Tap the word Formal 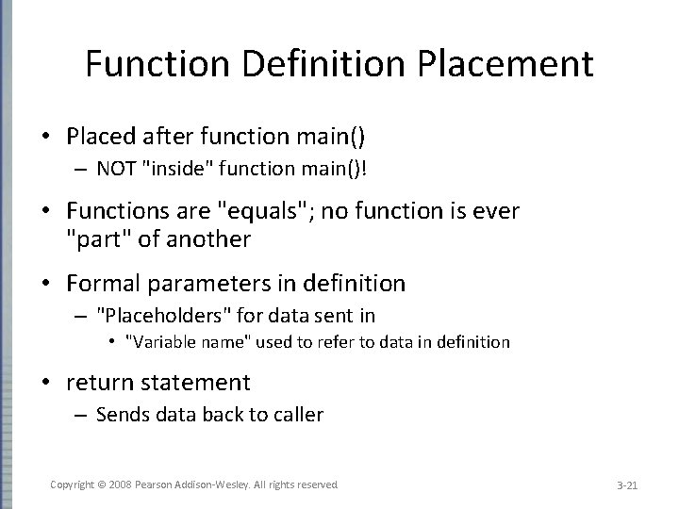pyautogui.click(x=102, y=283)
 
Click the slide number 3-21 pyautogui.click(x=627, y=485)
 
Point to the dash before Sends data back pyautogui.click(x=81, y=414)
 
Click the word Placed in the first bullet pyautogui.click(x=98, y=137)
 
